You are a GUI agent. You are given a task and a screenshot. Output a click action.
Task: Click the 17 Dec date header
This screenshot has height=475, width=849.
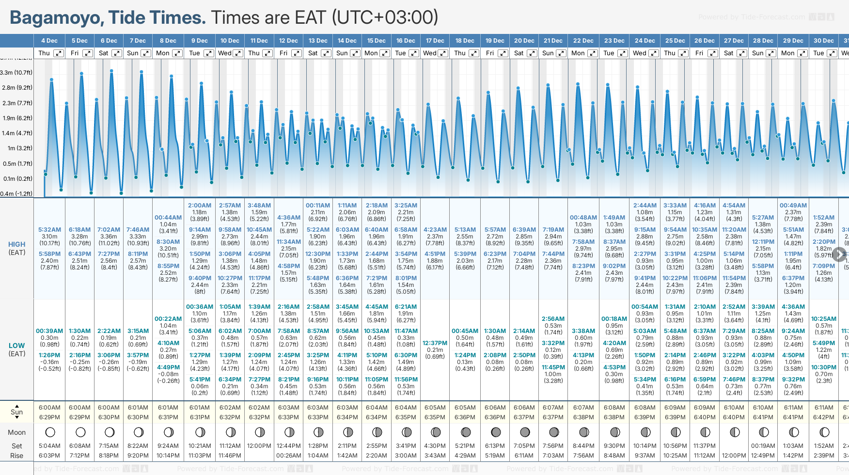pyautogui.click(x=435, y=41)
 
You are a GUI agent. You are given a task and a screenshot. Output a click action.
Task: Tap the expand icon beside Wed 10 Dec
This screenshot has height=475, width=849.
pyautogui.click(x=238, y=53)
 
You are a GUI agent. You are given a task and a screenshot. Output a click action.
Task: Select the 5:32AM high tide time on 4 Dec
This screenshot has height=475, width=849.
pyautogui.click(x=49, y=230)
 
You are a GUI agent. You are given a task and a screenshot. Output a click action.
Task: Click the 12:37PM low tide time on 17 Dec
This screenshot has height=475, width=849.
pyautogui.click(x=435, y=343)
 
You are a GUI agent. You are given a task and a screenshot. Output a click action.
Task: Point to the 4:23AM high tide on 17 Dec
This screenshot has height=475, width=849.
pyautogui.click(x=435, y=230)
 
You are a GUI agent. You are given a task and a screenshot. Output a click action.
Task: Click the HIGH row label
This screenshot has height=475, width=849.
pyautogui.click(x=16, y=245)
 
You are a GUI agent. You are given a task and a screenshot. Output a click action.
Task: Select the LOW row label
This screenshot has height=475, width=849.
pyautogui.click(x=16, y=346)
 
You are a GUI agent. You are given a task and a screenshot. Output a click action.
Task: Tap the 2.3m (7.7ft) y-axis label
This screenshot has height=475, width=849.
pyautogui.click(x=16, y=103)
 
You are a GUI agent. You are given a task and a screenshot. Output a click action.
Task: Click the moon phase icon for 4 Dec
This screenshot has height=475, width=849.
pyautogui.click(x=49, y=432)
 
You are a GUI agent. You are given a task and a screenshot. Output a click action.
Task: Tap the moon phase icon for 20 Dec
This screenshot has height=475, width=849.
pyautogui.click(x=524, y=432)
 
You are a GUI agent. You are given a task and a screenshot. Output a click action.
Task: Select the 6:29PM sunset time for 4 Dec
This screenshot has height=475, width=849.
pyautogui.click(x=49, y=417)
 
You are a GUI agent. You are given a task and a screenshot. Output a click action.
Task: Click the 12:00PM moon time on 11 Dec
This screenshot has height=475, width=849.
pyautogui.click(x=259, y=446)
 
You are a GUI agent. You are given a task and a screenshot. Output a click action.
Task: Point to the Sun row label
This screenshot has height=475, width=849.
pyautogui.click(x=16, y=412)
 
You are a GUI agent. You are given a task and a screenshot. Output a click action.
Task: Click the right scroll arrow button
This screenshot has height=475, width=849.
pyautogui.click(x=839, y=254)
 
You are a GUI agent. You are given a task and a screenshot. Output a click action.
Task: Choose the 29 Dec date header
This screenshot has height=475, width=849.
pyautogui.click(x=793, y=41)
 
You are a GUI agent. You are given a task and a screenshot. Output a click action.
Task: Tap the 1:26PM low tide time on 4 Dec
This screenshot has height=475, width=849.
pyautogui.click(x=49, y=355)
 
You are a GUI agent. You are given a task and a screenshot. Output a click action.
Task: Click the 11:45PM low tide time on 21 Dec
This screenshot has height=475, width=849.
pyautogui.click(x=553, y=367)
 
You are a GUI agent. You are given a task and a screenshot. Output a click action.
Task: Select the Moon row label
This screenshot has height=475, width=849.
pyautogui.click(x=16, y=432)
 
